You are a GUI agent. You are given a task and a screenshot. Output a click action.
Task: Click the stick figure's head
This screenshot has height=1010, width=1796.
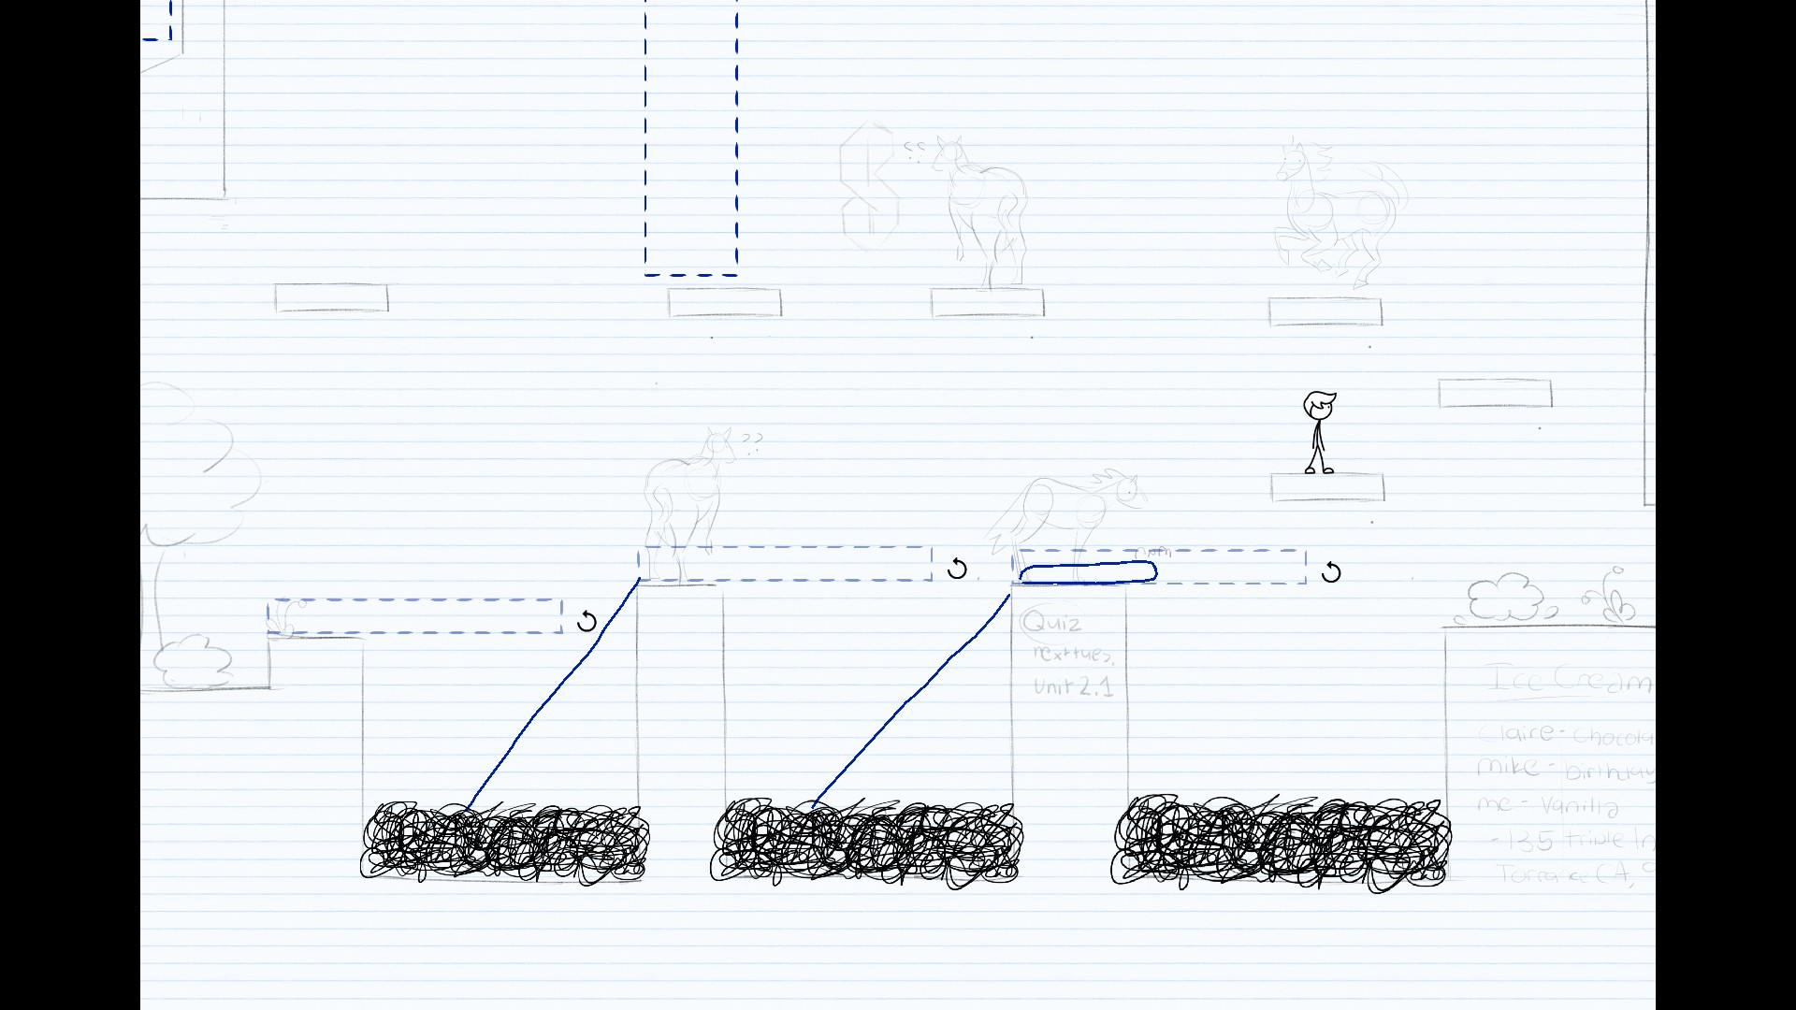pos(1319,406)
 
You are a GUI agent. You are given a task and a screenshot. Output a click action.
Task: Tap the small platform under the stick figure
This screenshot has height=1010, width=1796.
pos(1327,487)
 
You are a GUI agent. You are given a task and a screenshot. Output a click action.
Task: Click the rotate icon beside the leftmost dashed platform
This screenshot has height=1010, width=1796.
pos(587,621)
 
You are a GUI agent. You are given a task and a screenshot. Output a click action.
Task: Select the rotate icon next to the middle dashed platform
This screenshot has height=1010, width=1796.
pos(957,569)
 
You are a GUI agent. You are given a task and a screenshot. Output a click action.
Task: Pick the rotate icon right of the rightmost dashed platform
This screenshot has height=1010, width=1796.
pos(1331,572)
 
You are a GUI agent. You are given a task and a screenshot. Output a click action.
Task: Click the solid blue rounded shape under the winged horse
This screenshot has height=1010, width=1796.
pos(1088,572)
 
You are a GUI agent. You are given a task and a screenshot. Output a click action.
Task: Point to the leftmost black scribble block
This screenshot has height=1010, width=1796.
pos(505,842)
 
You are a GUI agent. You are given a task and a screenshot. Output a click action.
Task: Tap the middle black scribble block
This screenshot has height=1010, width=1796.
pos(865,843)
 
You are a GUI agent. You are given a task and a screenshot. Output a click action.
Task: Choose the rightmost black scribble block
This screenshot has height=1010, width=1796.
pos(1281,843)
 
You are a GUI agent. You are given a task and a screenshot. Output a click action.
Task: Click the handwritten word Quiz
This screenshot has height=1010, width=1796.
pos(1052,623)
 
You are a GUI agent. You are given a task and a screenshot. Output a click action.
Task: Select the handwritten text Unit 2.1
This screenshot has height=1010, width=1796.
pos(1073,686)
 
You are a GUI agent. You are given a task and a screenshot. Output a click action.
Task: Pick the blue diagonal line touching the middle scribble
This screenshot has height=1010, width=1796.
pos(912,701)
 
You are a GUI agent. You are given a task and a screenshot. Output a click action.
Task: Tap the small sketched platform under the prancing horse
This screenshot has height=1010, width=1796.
pos(1325,311)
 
